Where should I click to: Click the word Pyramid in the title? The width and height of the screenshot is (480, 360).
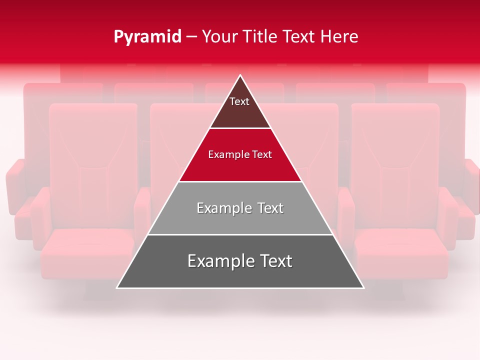[x=147, y=37]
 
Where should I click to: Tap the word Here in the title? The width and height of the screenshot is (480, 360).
[x=339, y=37]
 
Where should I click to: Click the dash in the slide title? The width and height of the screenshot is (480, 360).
[x=191, y=37]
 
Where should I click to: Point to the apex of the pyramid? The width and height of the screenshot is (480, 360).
[x=240, y=75]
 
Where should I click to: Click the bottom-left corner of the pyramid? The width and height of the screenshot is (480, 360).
[x=117, y=287]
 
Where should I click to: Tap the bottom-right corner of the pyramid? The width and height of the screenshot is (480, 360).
[x=363, y=287]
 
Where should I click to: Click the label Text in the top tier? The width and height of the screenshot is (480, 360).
[x=239, y=101]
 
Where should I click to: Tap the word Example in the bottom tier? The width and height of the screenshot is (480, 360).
[x=218, y=261]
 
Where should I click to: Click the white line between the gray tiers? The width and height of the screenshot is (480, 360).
[x=240, y=234]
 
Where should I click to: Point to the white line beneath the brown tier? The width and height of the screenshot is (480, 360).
[x=240, y=128]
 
